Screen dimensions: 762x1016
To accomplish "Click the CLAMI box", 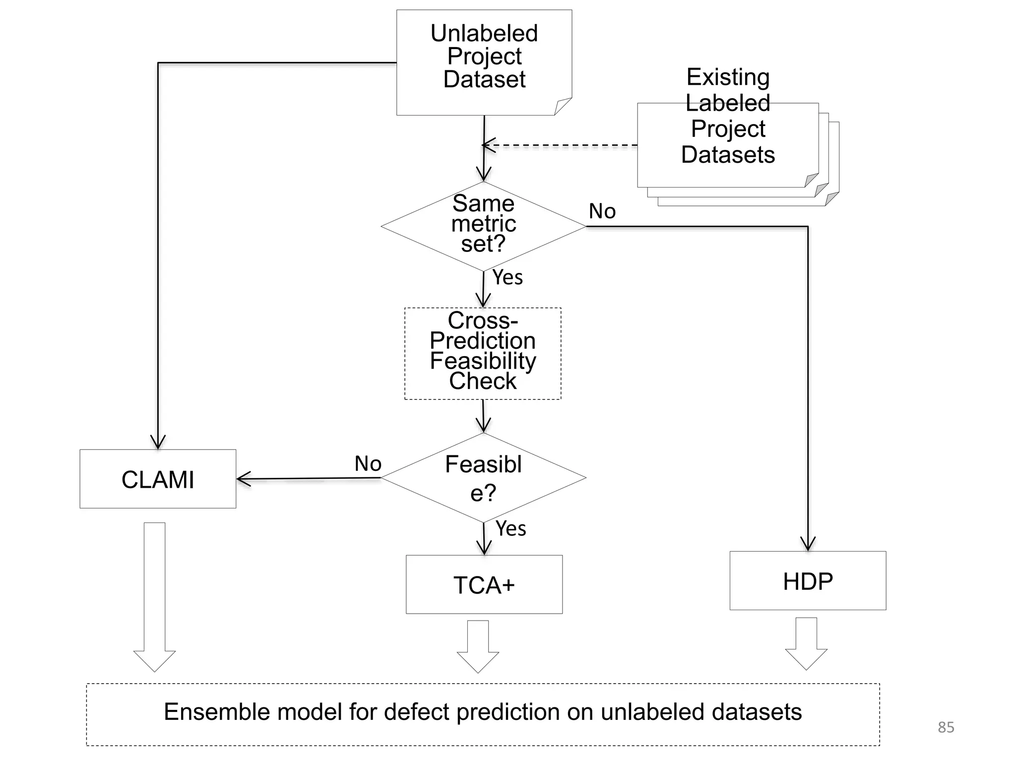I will point(158,479).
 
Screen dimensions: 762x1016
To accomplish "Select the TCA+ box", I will point(484,584).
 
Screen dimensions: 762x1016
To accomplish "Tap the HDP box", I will point(808,581).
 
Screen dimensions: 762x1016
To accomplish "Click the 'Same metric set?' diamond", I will point(483,226).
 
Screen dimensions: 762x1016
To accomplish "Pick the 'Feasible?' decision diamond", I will point(483,478).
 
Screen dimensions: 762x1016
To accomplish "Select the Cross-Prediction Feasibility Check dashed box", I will point(483,353).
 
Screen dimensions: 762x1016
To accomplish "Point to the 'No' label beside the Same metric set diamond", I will point(602,211).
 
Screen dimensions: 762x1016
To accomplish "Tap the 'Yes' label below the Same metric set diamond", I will point(508,277).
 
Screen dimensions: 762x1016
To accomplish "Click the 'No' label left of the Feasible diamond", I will point(368,464).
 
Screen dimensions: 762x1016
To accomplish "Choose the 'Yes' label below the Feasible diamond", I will point(510,529).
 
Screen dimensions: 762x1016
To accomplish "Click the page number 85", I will point(946,727).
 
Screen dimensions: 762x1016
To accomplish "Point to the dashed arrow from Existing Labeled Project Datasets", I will point(561,146).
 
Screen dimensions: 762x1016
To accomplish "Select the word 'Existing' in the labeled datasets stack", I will point(728,77).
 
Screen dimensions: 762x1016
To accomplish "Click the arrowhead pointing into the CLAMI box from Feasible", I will point(243,479).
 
